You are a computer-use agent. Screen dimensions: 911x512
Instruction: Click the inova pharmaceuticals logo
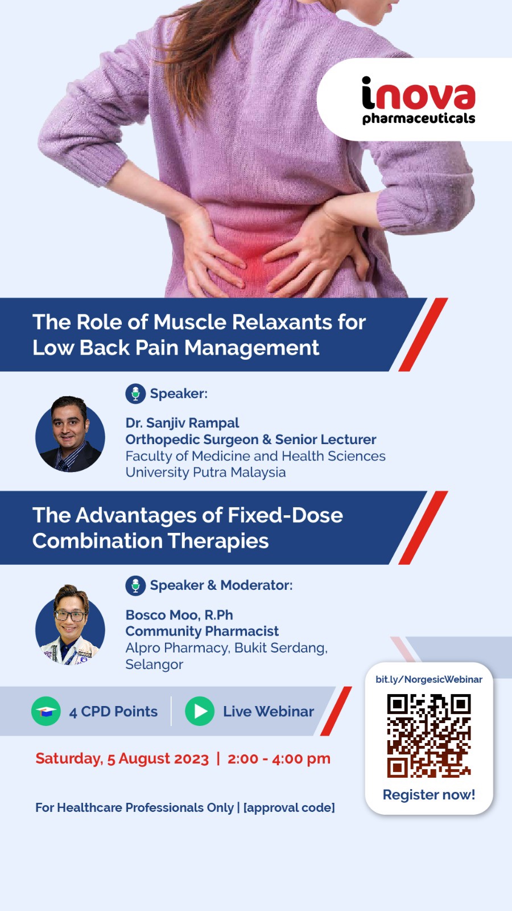point(418,101)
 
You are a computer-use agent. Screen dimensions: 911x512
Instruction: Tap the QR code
point(429,735)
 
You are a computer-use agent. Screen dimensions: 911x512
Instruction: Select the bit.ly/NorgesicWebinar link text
point(428,679)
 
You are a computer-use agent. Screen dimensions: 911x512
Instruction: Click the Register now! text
point(428,794)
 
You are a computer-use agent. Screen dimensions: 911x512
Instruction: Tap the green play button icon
point(200,711)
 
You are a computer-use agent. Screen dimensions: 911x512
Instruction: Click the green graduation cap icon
point(46,711)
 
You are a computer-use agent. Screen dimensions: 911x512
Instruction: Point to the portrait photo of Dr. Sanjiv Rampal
point(70,434)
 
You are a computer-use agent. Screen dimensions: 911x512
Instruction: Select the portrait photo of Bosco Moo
point(70,625)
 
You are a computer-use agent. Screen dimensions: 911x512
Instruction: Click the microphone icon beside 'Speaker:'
point(135,393)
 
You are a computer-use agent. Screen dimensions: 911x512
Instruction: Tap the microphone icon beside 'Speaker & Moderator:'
point(135,585)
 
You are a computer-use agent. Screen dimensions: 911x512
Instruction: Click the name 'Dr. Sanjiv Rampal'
point(182,423)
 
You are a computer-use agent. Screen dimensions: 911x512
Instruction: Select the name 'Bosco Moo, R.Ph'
point(179,615)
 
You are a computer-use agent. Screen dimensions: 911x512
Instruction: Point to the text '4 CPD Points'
point(113,712)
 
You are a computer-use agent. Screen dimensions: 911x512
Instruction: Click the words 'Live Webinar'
point(268,712)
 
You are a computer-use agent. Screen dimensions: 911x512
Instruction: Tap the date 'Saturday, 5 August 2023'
point(122,758)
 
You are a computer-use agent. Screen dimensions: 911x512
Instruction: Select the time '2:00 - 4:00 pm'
point(279,758)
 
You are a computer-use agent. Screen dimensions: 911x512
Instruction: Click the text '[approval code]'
point(289,807)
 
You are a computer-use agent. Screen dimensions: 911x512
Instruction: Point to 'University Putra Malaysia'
point(205,472)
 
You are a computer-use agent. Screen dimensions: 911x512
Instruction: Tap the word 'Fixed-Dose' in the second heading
point(286,515)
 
